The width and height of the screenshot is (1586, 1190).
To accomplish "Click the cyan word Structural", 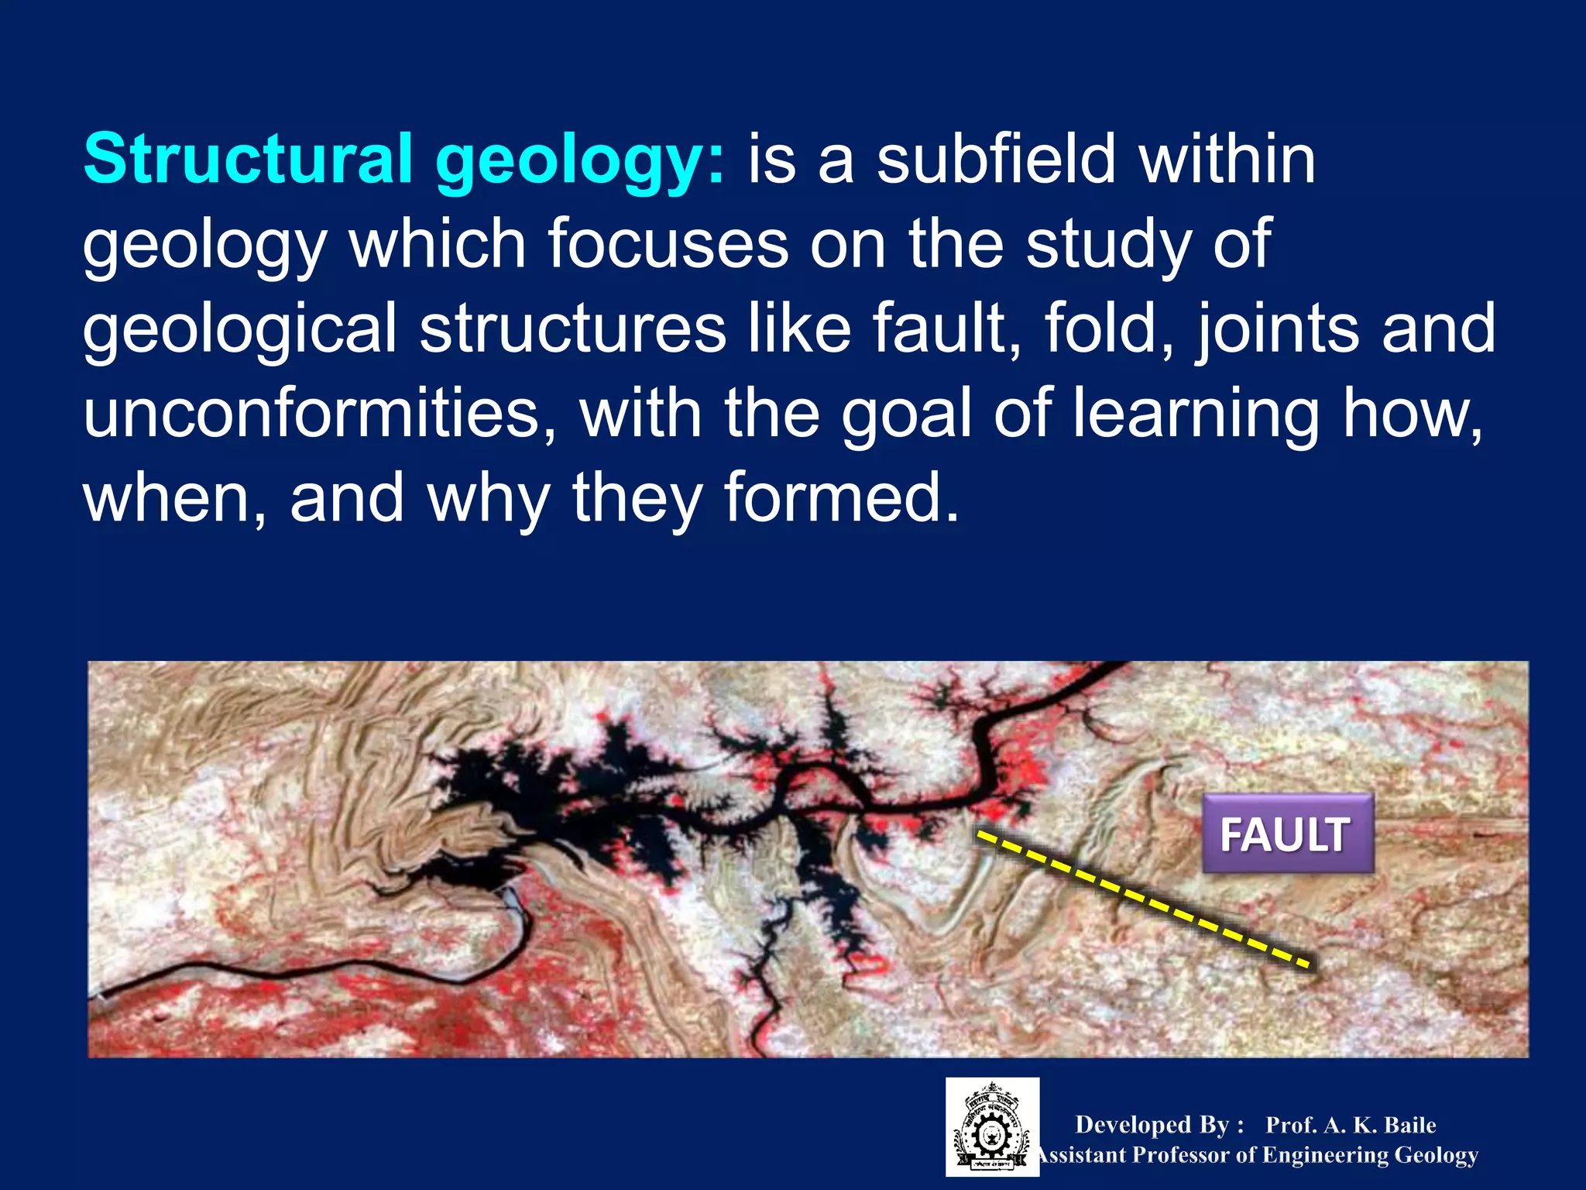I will pyautogui.click(x=248, y=159).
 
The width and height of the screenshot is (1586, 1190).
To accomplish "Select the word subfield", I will pyautogui.click(x=997, y=159).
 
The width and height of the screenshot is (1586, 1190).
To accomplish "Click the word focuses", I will pyautogui.click(x=668, y=244).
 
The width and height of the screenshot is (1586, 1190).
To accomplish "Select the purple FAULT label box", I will pyautogui.click(x=1287, y=834).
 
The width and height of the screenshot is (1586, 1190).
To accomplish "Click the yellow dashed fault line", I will pyautogui.click(x=1142, y=899).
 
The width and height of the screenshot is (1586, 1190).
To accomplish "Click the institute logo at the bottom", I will pyautogui.click(x=992, y=1127).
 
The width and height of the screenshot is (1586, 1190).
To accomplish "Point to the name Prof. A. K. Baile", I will pyautogui.click(x=1351, y=1125).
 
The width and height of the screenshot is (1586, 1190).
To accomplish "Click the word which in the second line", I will pyautogui.click(x=438, y=244).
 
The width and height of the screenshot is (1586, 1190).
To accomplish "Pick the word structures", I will pyautogui.click(x=573, y=329).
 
